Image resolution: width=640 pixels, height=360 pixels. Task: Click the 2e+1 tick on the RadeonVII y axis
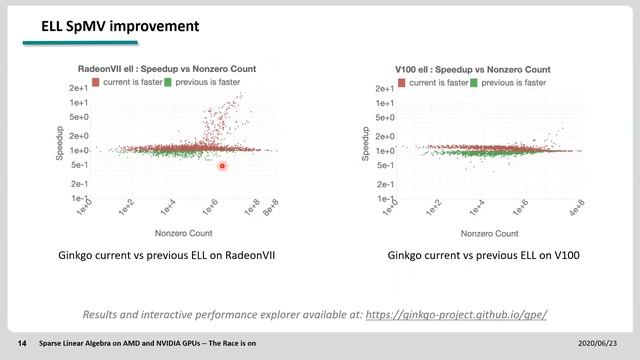77,89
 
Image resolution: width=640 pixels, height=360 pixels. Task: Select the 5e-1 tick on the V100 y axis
384,166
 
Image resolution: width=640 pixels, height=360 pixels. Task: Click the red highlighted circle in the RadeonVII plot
222,166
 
